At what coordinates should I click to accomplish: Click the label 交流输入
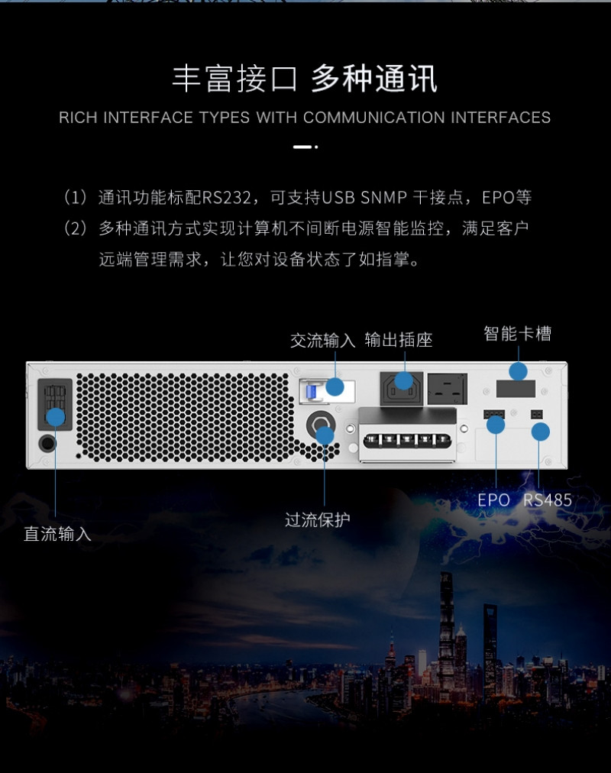pos(323,340)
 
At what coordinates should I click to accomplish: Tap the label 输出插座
pos(399,340)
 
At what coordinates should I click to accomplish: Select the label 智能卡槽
pos(517,334)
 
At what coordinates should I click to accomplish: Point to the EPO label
pos(493,500)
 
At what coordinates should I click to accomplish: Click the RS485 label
pos(548,500)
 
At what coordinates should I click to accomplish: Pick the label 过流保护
pos(318,519)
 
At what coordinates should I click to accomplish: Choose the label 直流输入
pos(57,534)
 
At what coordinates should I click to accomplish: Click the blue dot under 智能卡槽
pos(518,371)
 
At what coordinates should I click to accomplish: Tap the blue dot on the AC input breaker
pos(335,386)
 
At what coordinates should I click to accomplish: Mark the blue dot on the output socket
pos(404,380)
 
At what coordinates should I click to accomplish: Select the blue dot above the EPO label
pos(496,425)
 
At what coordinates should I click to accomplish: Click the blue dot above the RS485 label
pos(541,432)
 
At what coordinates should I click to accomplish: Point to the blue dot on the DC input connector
pos(56,417)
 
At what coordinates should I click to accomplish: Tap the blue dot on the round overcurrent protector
pos(325,436)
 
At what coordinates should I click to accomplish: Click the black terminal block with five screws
pos(407,441)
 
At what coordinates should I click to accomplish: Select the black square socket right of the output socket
pos(448,389)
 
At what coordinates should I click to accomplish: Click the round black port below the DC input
pos(47,443)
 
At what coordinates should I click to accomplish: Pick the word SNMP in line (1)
pos(384,197)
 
